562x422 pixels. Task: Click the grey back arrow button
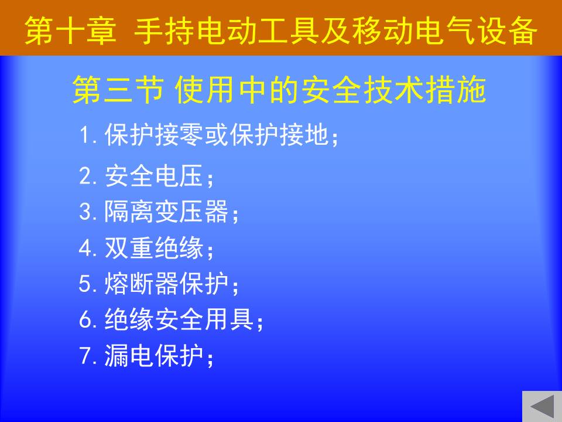click(542, 407)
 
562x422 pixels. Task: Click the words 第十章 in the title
click(71, 31)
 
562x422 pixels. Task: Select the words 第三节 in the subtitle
click(118, 90)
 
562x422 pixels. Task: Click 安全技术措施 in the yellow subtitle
click(393, 90)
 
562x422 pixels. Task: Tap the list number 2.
click(85, 175)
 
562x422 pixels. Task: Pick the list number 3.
click(85, 212)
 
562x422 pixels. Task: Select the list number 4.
click(85, 248)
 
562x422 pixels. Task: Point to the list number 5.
click(85, 284)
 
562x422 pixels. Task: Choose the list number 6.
click(85, 319)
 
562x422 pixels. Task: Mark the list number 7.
click(85, 356)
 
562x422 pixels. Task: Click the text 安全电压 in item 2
click(154, 175)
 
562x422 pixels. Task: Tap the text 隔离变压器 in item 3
click(166, 212)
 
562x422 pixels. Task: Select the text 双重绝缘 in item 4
click(154, 248)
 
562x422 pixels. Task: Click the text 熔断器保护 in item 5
click(166, 284)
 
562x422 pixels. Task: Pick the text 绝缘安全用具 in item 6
click(179, 319)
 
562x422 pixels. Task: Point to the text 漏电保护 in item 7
click(154, 356)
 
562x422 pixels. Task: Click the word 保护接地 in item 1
click(279, 135)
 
